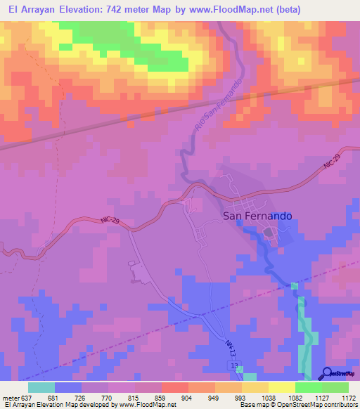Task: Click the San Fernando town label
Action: (x=257, y=217)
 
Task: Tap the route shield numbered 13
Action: (x=234, y=368)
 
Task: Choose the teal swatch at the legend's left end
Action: (x=41, y=387)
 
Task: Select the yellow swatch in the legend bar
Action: (x=282, y=387)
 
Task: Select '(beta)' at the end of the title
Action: (x=290, y=10)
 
